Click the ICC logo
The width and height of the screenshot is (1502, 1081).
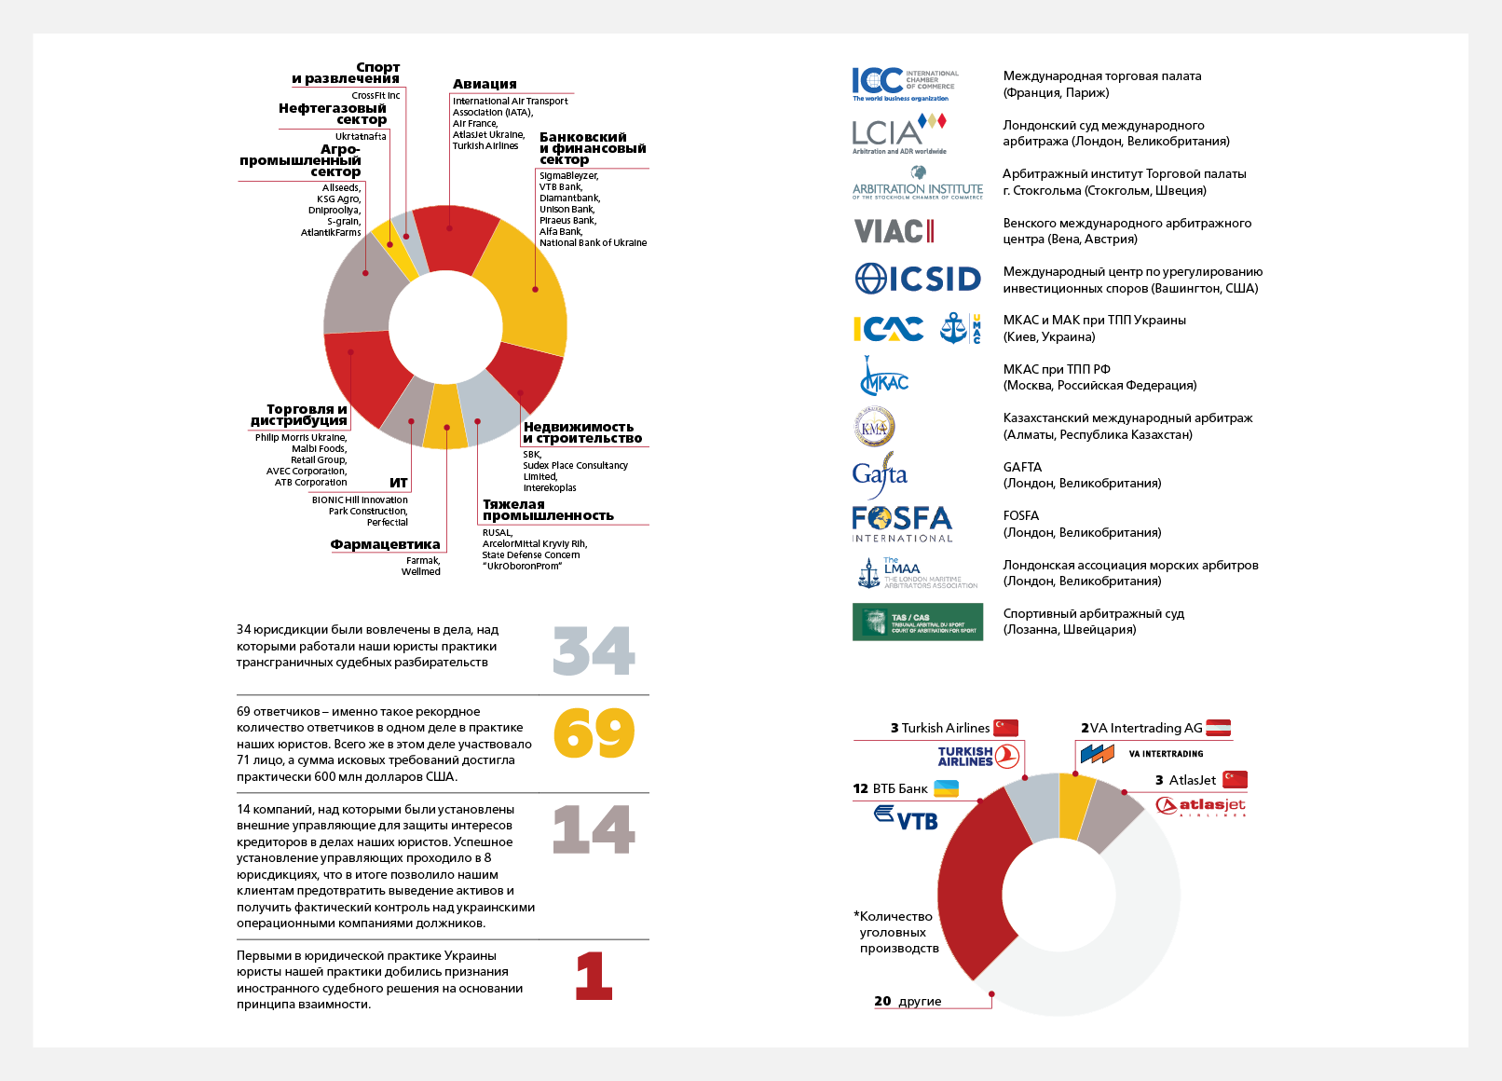click(904, 84)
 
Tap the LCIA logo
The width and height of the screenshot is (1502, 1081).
click(899, 133)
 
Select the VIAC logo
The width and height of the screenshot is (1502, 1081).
click(894, 231)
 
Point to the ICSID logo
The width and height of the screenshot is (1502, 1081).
click(918, 279)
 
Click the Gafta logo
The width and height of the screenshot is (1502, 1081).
click(880, 474)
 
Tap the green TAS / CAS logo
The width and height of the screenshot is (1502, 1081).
click(918, 622)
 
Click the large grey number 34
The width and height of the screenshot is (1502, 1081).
click(594, 650)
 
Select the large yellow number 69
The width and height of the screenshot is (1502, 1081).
click(594, 733)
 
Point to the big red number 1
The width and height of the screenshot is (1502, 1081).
click(594, 976)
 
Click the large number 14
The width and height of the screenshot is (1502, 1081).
click(594, 829)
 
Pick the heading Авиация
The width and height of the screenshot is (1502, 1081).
click(485, 84)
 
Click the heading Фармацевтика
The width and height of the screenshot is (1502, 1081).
click(385, 544)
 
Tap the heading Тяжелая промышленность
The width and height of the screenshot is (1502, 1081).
click(548, 510)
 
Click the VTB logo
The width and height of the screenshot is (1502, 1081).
click(906, 818)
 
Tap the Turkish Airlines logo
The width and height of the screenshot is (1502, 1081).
click(978, 756)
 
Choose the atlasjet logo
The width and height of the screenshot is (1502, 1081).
click(1201, 805)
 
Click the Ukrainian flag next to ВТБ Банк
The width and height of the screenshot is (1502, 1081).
click(946, 788)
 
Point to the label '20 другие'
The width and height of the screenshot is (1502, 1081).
click(908, 1001)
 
